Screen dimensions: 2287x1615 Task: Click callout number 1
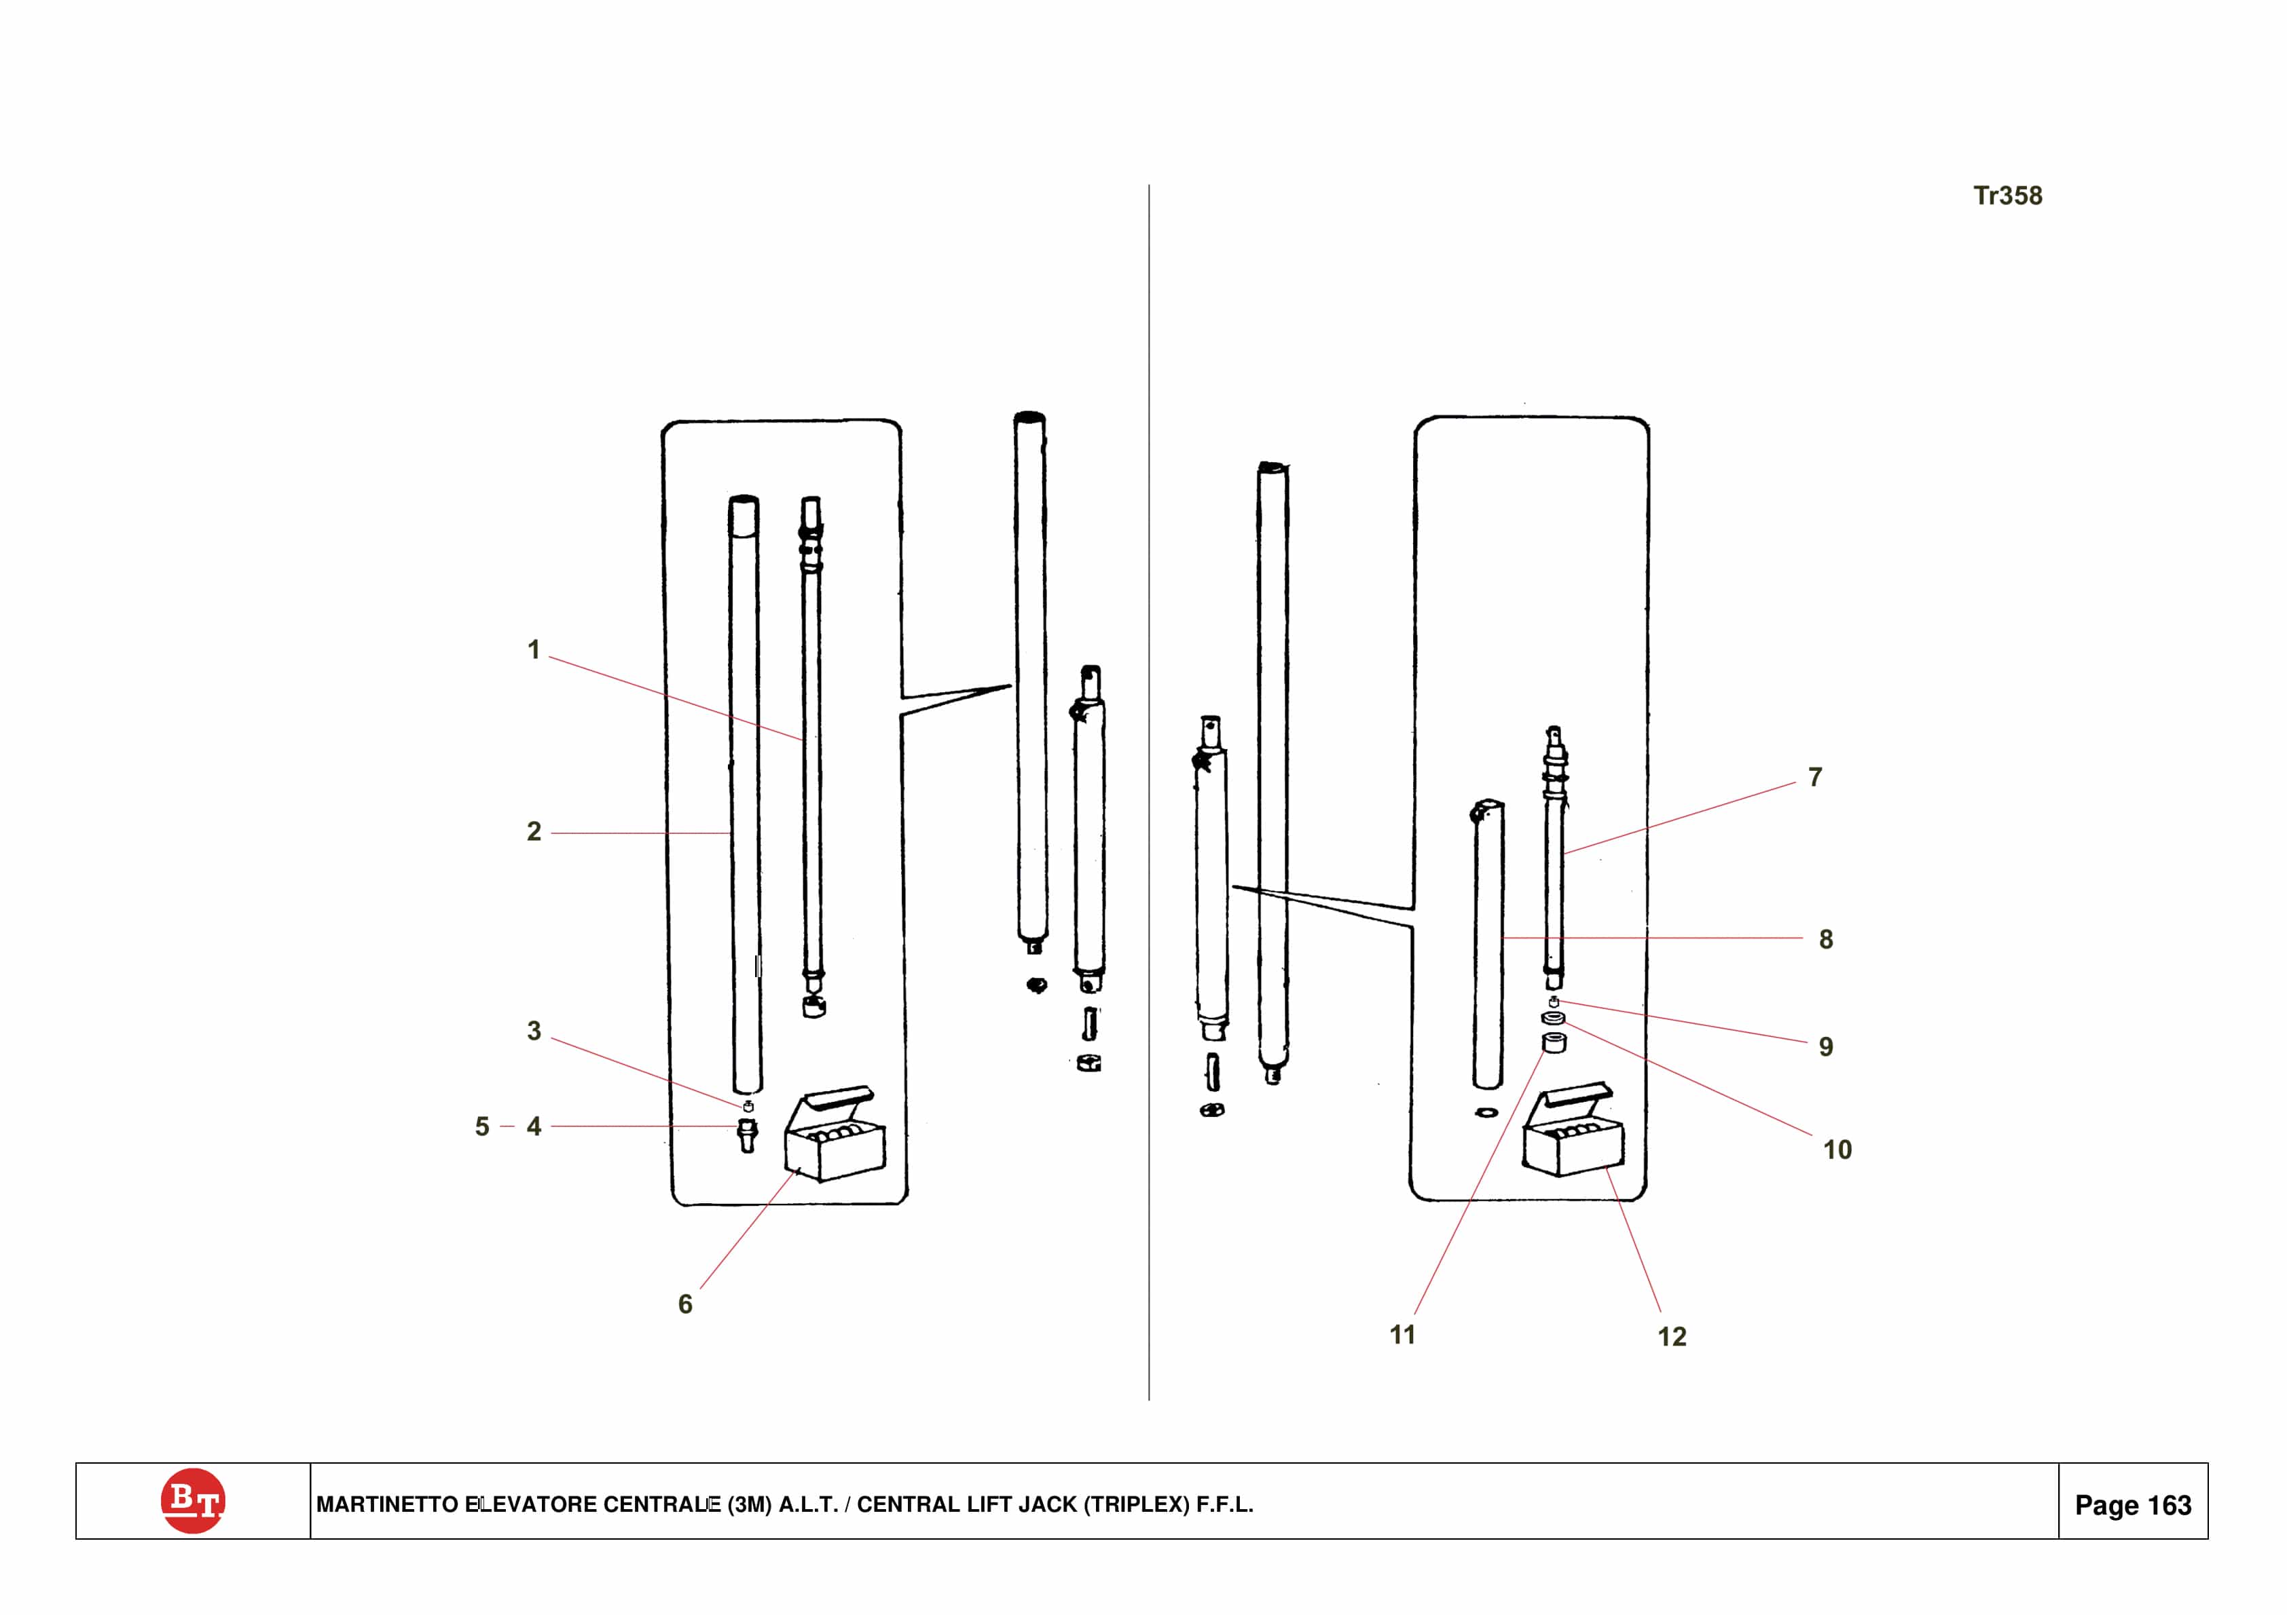534,650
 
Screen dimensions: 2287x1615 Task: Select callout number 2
534,831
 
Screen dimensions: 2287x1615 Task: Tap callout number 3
534,1031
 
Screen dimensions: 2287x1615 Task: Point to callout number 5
482,1126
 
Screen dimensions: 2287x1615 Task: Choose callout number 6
685,1304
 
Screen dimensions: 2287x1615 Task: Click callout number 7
1816,777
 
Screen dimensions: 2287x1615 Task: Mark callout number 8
1826,939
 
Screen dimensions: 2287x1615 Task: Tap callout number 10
1837,1150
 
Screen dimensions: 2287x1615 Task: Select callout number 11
1402,1335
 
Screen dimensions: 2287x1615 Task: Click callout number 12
1672,1337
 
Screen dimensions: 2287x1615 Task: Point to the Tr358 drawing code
2008,195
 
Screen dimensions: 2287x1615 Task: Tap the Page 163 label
2133,1506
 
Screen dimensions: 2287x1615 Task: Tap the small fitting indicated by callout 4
747,1135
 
